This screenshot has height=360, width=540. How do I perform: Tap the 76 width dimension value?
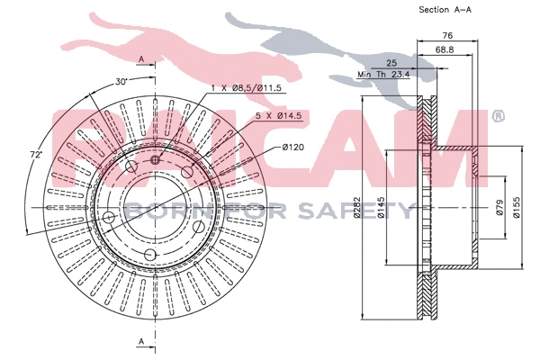click(x=446, y=36)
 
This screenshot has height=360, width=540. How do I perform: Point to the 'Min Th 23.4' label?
click(x=383, y=74)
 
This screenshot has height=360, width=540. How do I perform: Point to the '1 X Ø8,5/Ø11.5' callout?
click(x=247, y=88)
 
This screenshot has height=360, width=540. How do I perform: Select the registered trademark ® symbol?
click(x=497, y=117)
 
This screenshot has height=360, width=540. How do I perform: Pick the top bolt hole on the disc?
click(x=156, y=159)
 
